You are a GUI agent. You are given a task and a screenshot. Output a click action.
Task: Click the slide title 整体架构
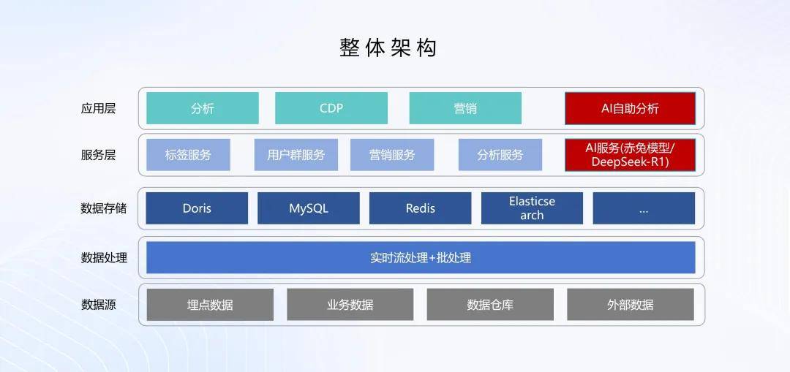388,48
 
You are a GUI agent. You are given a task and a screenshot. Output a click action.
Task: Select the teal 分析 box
203,108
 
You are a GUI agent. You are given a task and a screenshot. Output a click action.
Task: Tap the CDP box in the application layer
331,108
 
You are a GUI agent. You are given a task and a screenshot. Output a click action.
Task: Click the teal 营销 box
465,108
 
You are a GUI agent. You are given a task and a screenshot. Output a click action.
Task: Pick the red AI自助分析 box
630,108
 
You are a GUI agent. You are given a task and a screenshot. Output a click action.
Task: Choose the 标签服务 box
188,155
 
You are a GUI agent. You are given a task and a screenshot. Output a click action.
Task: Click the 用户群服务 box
296,155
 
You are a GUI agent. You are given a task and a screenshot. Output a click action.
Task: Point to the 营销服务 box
392,155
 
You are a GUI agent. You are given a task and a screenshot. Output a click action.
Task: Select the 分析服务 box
500,155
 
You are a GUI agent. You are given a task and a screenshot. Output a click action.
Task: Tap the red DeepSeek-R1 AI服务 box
630,155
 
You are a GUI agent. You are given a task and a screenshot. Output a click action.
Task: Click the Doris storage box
197,208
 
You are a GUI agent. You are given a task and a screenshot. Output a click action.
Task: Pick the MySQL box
309,208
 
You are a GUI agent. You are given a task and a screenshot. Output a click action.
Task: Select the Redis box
421,208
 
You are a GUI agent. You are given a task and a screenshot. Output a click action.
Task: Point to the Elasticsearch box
532,208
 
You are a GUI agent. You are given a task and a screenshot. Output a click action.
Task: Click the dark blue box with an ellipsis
644,208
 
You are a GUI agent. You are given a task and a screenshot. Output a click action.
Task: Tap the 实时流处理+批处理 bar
421,257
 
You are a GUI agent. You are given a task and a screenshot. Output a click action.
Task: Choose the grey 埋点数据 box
210,305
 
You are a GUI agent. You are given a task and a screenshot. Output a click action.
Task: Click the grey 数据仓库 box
490,305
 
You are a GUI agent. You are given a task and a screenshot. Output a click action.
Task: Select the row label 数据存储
103,208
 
